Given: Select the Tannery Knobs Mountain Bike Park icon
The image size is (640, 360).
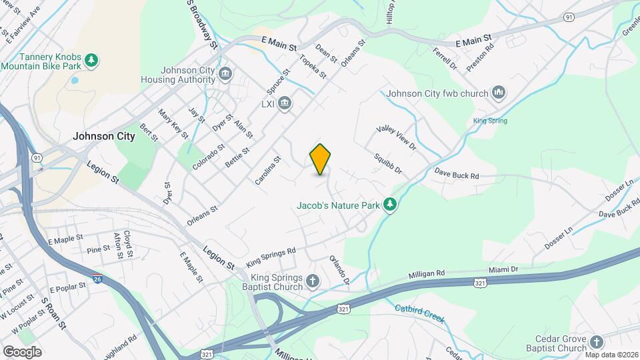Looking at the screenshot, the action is point(91,61).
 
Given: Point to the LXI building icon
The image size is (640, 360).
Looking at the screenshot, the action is point(285,103).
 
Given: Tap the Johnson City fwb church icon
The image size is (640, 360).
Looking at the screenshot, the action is point(499,93).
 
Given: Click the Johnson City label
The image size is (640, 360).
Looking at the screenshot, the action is point(103,136).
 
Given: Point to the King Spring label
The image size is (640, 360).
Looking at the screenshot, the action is point(490,121).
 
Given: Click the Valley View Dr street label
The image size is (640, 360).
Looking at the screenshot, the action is point(396,138).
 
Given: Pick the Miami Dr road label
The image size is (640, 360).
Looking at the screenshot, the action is point(504,269).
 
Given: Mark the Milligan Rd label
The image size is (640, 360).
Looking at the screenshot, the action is point(426,274).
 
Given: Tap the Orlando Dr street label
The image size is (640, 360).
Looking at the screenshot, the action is point(339,271).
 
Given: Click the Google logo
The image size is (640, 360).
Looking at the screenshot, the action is point(21,351).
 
